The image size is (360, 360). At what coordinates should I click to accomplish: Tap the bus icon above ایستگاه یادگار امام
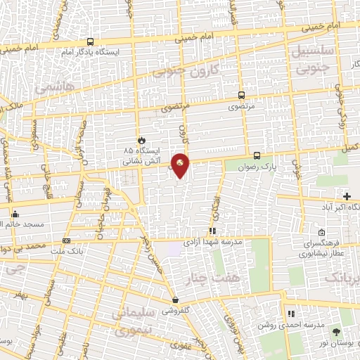pos(90,42)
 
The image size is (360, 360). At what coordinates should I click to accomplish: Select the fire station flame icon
pos(142,139)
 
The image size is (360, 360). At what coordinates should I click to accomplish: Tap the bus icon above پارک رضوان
pos(257,155)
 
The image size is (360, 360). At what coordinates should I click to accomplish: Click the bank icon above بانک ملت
pos(66,240)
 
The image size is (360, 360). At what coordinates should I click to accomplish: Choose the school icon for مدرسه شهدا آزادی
pos(212,230)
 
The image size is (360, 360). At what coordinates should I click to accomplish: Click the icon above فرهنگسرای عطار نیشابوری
pos(321,233)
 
